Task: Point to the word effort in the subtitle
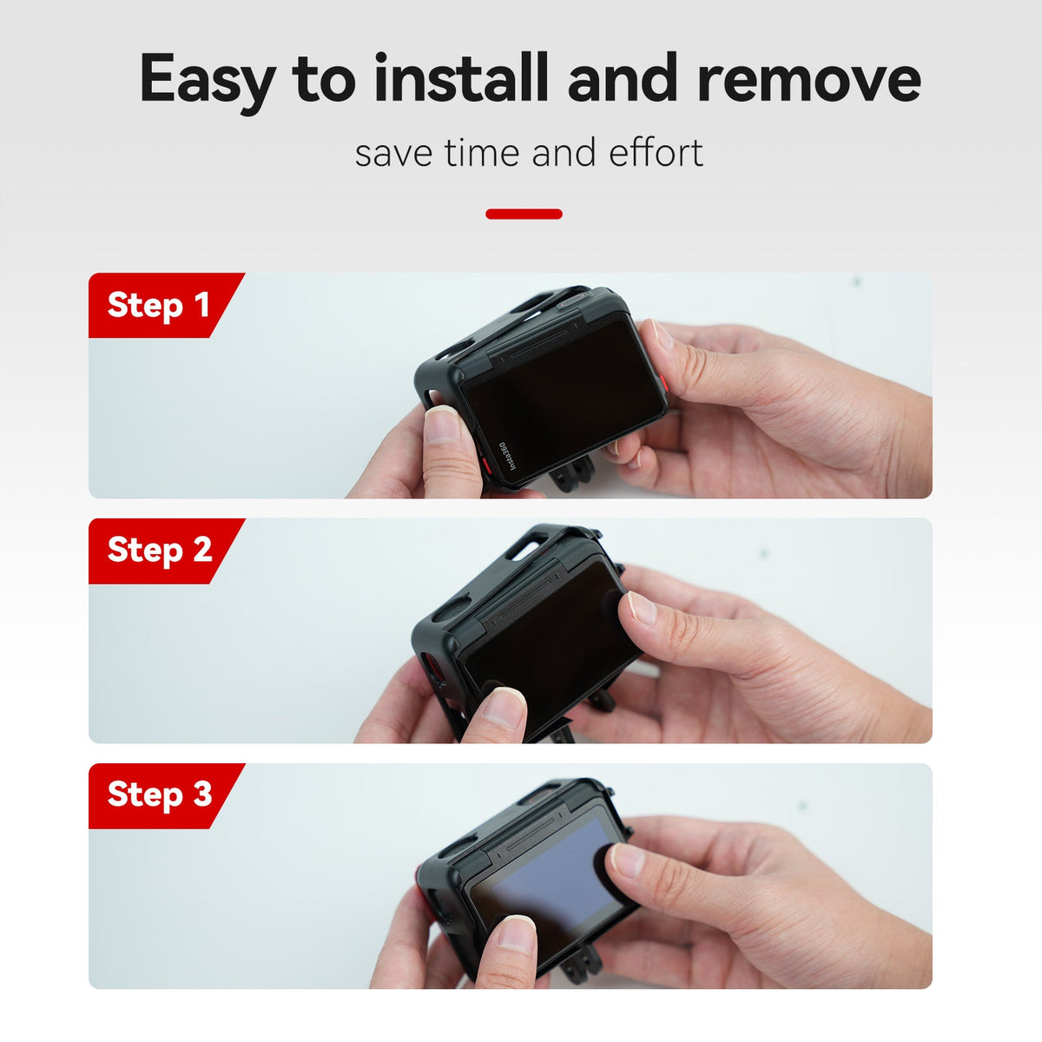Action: click(656, 152)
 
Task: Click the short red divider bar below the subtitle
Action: click(524, 214)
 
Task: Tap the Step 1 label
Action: click(158, 305)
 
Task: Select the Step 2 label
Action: click(160, 550)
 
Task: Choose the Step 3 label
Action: click(160, 795)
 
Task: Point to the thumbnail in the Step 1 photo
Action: click(442, 424)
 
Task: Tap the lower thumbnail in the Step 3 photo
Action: click(517, 933)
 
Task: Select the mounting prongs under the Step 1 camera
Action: click(572, 473)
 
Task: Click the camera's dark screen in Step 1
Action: click(564, 401)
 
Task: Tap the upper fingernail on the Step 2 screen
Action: click(643, 607)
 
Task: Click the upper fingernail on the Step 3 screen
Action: click(627, 860)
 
